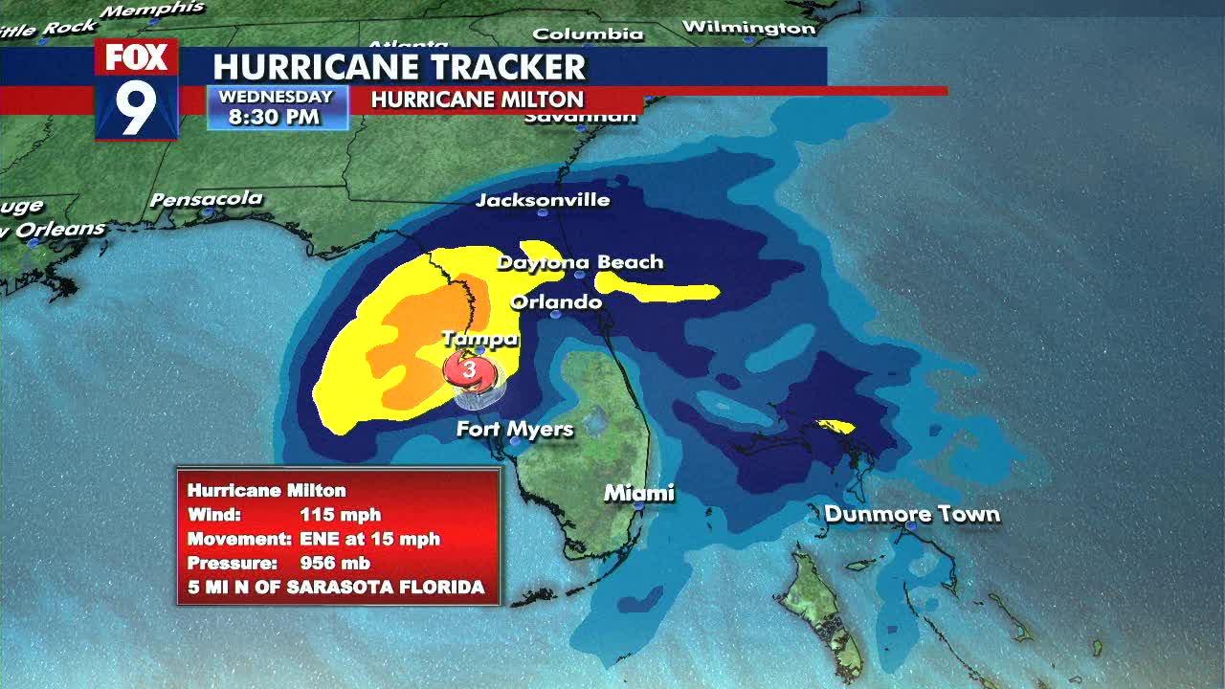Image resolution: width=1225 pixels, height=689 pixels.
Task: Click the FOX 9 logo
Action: click(x=136, y=89)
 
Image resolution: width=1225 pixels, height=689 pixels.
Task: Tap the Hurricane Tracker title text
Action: click(x=398, y=67)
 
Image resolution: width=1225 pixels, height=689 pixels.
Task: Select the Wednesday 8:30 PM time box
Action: click(x=276, y=107)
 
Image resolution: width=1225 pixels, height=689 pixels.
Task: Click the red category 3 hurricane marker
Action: click(x=469, y=369)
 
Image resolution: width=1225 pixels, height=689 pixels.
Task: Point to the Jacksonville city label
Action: click(x=543, y=200)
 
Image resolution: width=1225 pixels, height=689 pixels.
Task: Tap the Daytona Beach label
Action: click(x=580, y=261)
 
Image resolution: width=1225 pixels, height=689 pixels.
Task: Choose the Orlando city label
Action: click(x=556, y=302)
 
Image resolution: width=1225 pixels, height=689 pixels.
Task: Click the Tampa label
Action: click(x=479, y=339)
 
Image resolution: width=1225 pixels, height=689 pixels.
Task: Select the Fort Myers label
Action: click(x=515, y=429)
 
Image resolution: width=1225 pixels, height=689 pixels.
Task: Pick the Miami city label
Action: click(x=638, y=493)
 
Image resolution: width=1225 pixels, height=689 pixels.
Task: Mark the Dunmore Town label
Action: click(x=912, y=514)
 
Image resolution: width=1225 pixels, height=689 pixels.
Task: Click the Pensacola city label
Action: click(x=206, y=199)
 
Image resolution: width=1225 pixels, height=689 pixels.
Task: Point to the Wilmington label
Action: click(x=748, y=27)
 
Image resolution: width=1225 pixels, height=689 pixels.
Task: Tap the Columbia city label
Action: click(x=588, y=33)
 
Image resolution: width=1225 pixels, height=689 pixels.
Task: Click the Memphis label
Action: click(x=153, y=10)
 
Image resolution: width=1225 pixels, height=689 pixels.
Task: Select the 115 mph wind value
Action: click(x=340, y=515)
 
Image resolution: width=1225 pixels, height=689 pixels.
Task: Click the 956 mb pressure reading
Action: click(x=335, y=563)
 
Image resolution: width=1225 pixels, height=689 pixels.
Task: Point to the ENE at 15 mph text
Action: click(x=369, y=539)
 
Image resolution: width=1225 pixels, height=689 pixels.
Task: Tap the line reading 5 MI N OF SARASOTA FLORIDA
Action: click(x=336, y=587)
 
